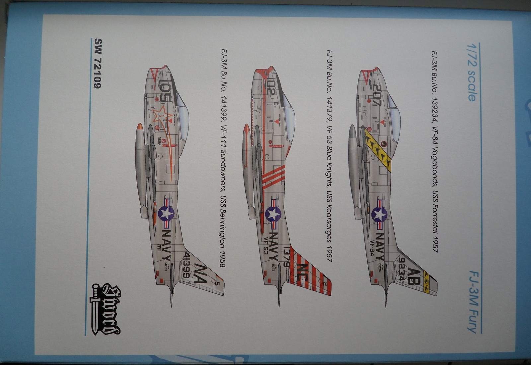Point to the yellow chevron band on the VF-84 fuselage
(x=378, y=149)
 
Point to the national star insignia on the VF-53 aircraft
(x=273, y=214)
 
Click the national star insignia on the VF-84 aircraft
(x=379, y=215)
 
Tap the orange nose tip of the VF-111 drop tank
(x=140, y=127)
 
